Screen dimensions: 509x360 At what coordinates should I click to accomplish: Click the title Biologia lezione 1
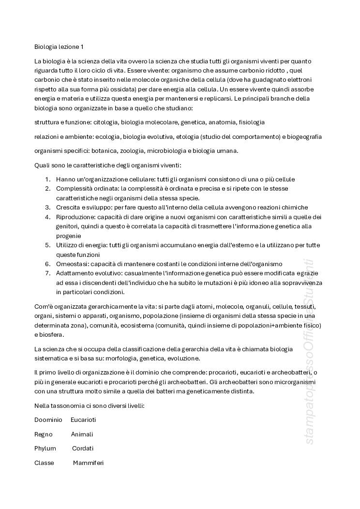tap(59, 47)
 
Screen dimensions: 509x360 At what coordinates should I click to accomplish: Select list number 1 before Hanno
tap(48, 179)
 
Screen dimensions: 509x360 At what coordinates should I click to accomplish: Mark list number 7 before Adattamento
tap(48, 273)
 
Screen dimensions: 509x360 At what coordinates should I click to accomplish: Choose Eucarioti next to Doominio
tap(83, 420)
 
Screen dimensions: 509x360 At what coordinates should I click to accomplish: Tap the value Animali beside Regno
tap(82, 434)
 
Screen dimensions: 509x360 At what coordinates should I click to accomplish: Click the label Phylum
tap(45, 449)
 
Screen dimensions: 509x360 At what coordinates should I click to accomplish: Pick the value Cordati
tap(83, 449)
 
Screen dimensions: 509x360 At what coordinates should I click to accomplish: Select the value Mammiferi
tap(88, 463)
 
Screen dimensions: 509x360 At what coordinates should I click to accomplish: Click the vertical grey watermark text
tap(310, 353)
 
